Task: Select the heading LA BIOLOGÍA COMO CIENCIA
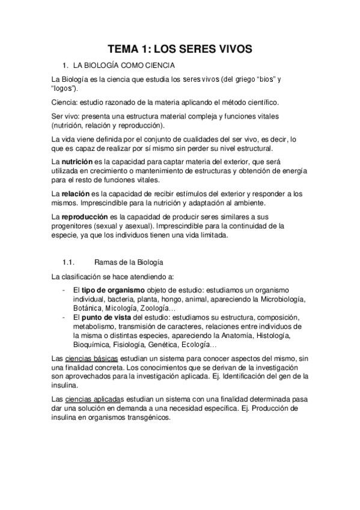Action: tap(123, 64)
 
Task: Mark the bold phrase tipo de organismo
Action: tap(112, 290)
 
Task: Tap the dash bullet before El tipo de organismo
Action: tap(64, 290)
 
